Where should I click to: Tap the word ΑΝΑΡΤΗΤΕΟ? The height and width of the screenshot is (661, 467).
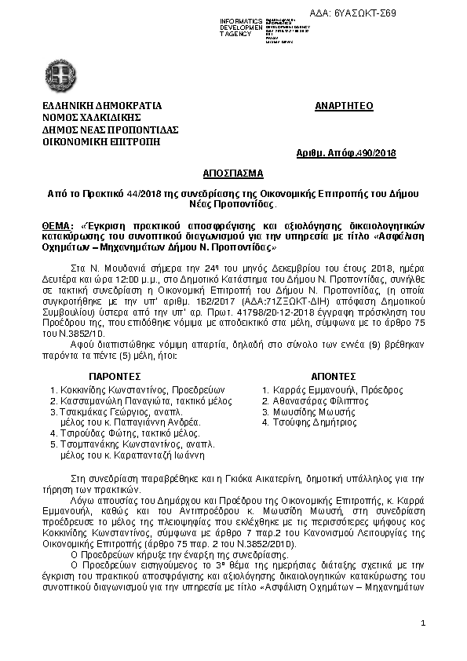(x=344, y=105)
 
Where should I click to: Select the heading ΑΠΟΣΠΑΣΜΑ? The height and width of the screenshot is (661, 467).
(x=233, y=170)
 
